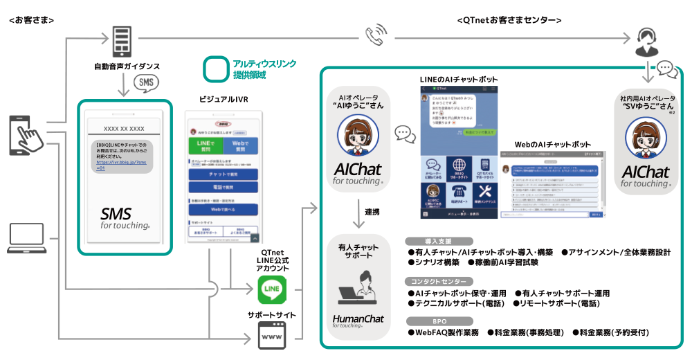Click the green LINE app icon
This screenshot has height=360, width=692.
pyautogui.click(x=272, y=290)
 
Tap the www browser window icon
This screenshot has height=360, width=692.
pyautogui.click(x=272, y=338)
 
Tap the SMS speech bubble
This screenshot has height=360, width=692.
pyautogui.click(x=145, y=83)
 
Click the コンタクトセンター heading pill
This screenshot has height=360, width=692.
pyautogui.click(x=439, y=282)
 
